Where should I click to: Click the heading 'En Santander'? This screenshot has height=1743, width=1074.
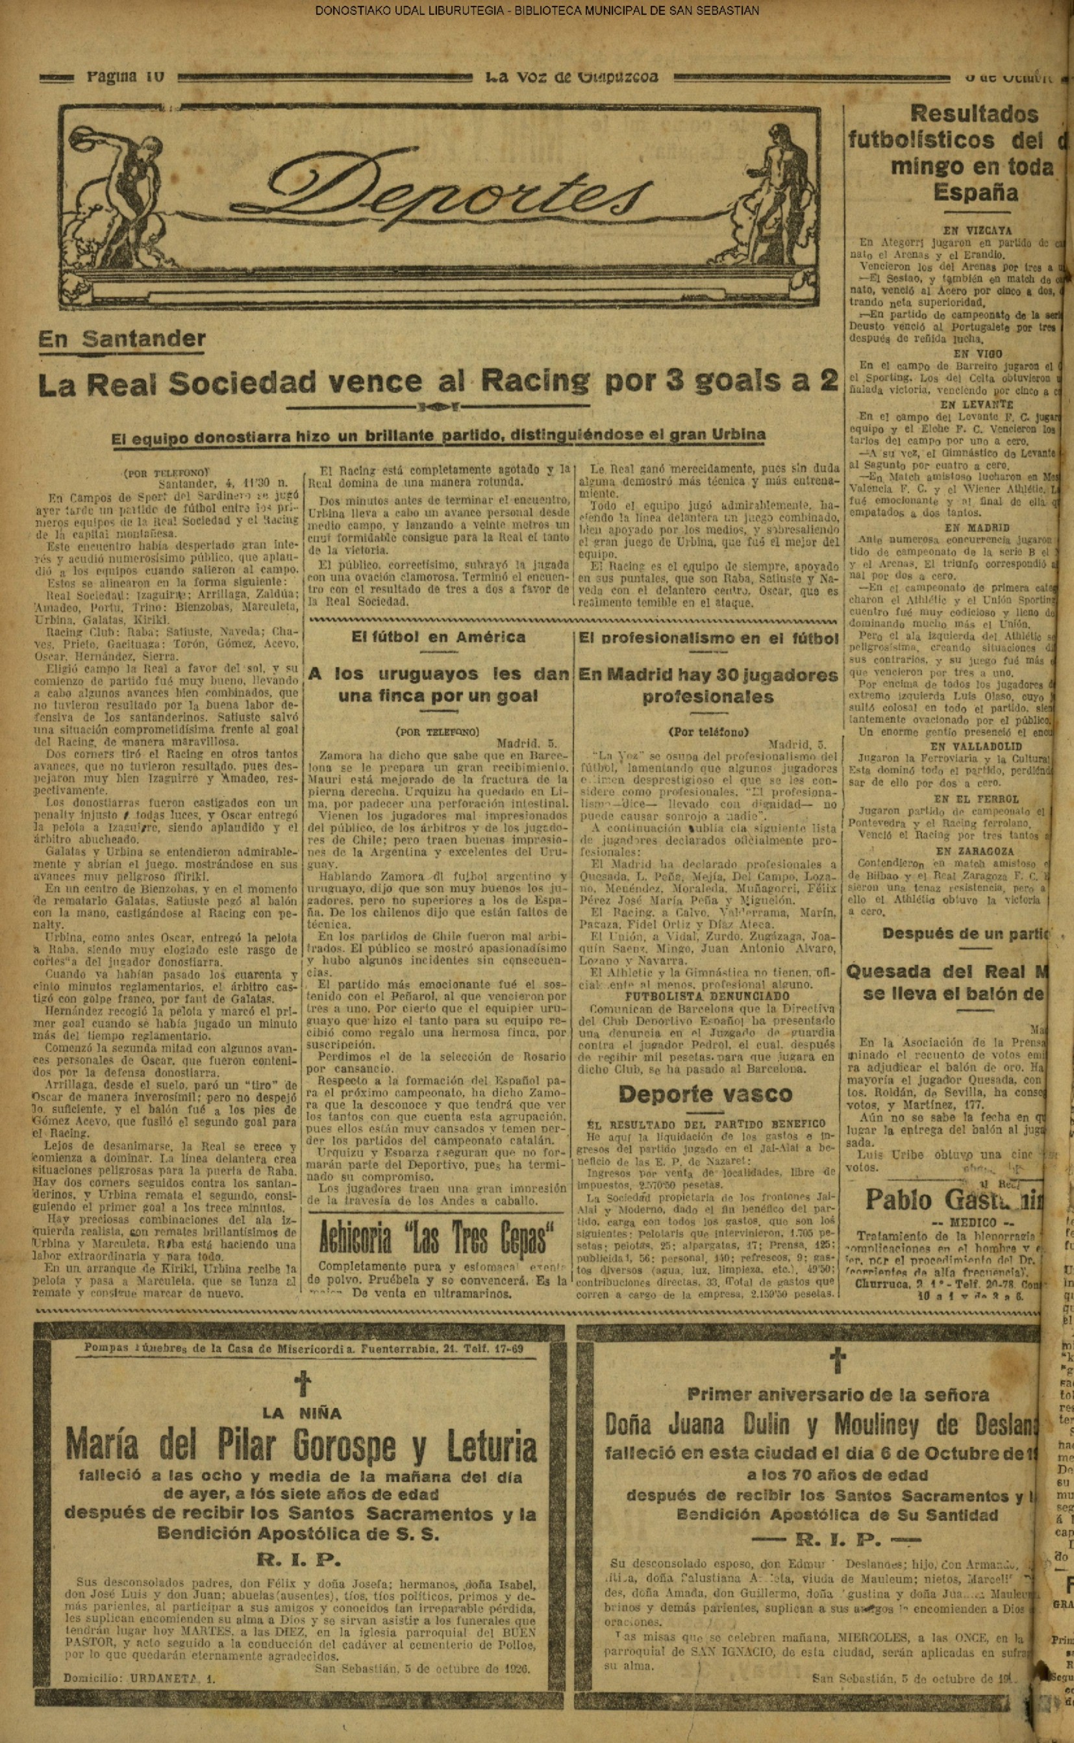click(x=121, y=339)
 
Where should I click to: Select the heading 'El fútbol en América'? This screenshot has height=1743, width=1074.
click(x=438, y=636)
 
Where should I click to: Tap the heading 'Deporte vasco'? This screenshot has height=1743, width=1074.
click(x=705, y=1094)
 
